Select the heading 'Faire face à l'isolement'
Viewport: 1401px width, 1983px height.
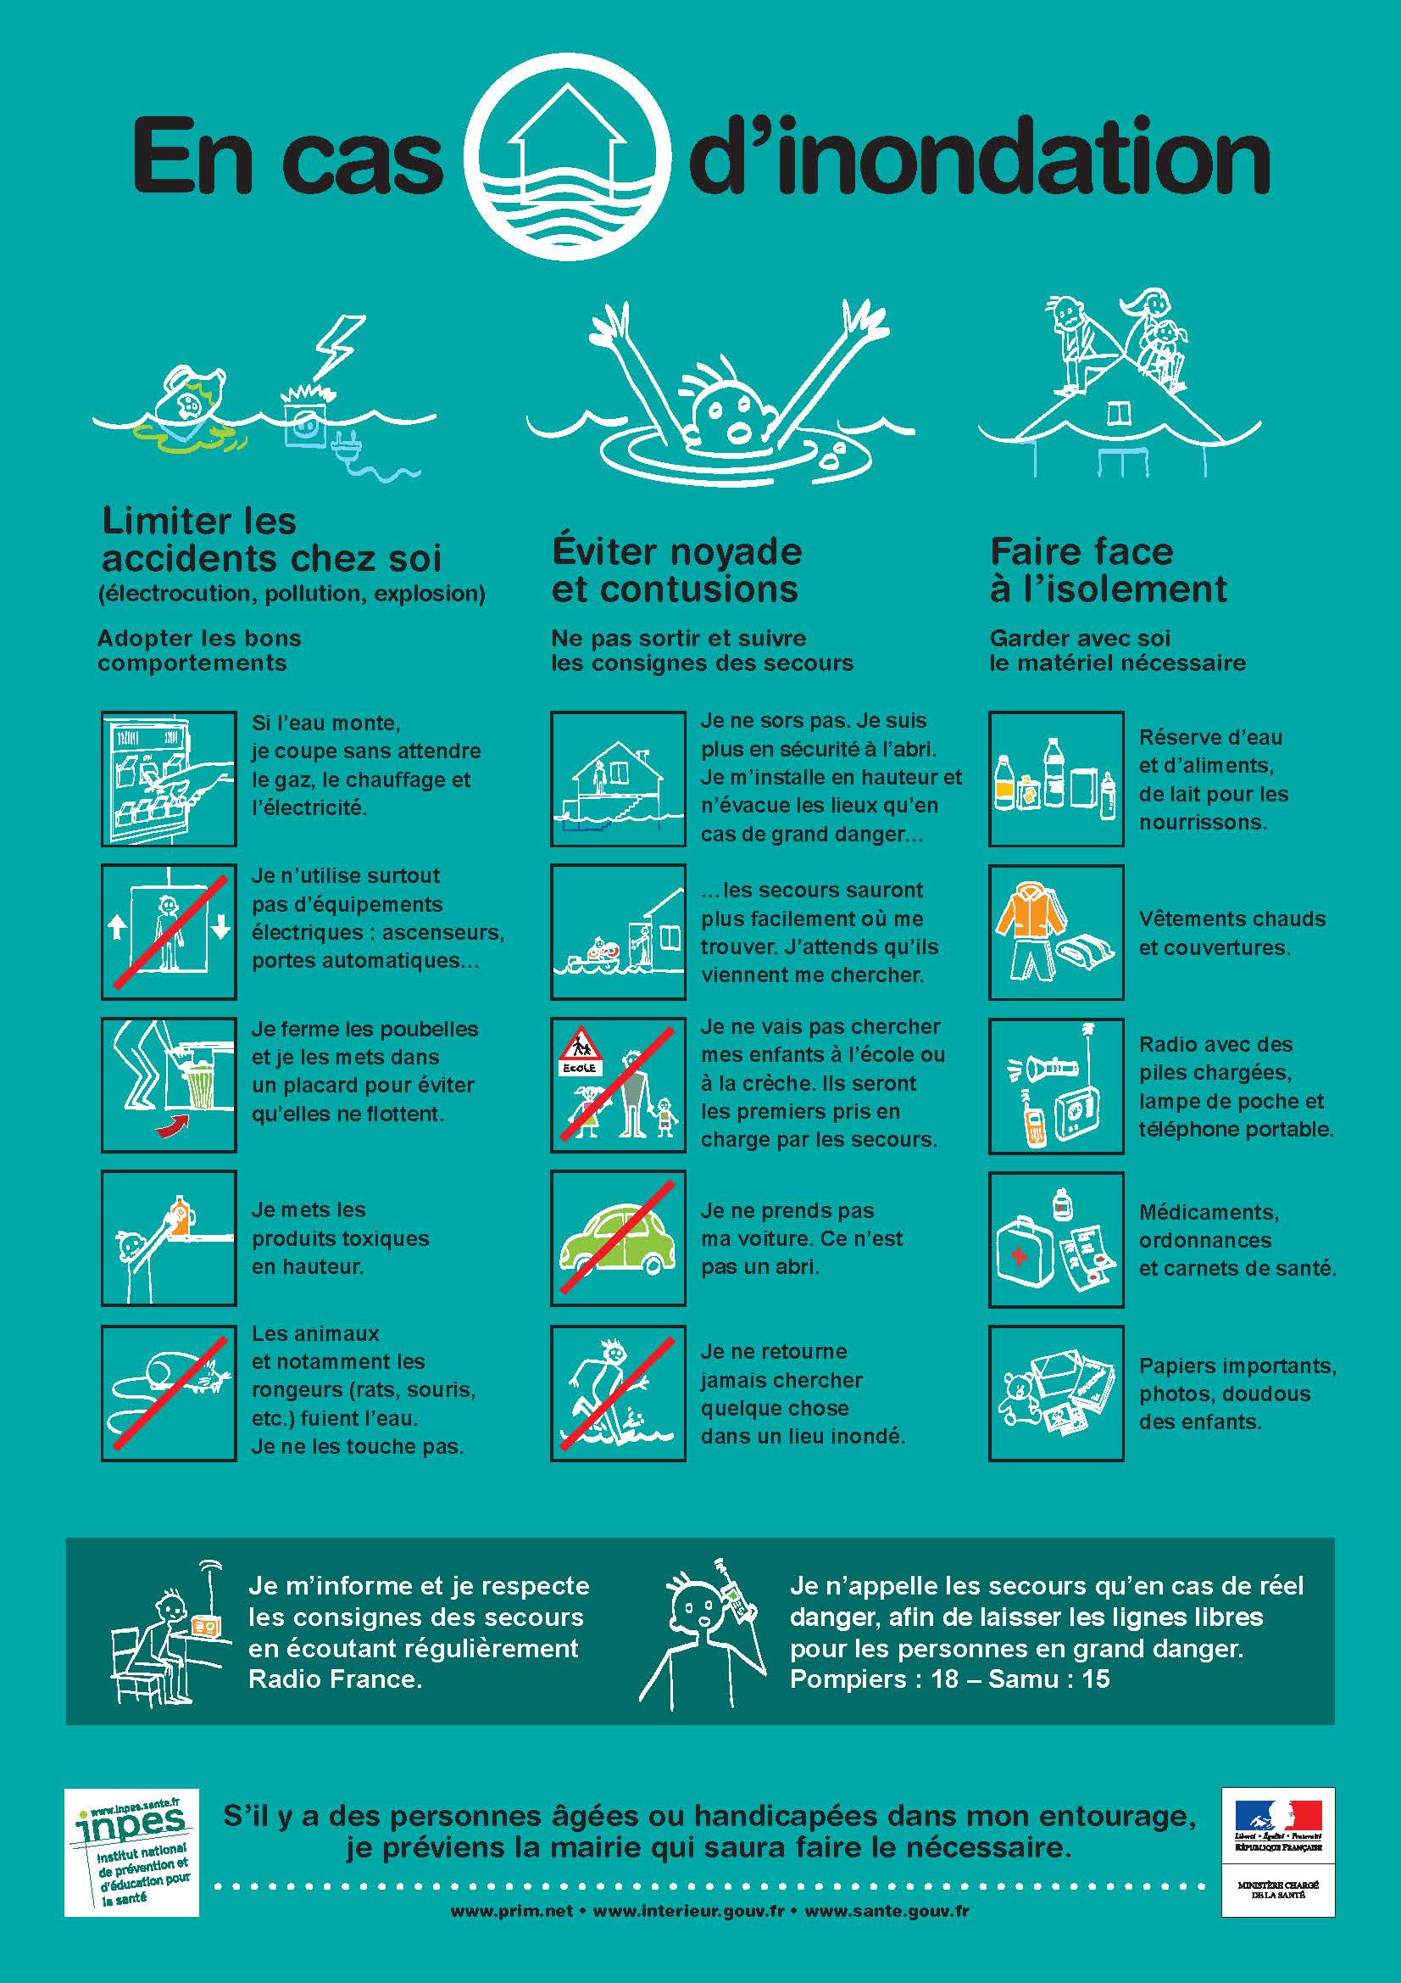coord(1108,570)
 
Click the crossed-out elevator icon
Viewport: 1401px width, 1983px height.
coord(169,931)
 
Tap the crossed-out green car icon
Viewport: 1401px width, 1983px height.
coord(618,1237)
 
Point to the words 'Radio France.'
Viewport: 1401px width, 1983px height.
coord(335,1680)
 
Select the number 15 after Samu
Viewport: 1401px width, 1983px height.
coord(1095,1680)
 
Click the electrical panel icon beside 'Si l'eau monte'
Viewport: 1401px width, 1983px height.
coord(169,778)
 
